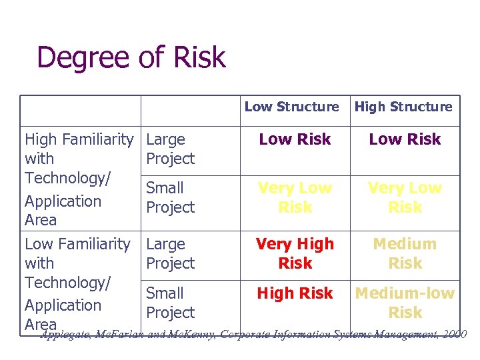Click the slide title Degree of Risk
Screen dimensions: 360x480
point(131,58)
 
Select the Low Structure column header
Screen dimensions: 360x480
point(291,107)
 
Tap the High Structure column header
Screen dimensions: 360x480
point(403,107)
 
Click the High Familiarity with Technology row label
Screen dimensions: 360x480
point(79,179)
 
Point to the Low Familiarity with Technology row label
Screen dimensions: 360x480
point(77,283)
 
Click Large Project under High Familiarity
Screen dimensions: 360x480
point(170,149)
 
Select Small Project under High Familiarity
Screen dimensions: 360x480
point(170,197)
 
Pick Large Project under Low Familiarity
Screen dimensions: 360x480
point(170,253)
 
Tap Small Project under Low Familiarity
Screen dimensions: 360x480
point(170,302)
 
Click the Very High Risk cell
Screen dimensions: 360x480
point(295,253)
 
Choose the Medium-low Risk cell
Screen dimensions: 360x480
point(405,302)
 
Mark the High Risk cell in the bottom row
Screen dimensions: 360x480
point(295,293)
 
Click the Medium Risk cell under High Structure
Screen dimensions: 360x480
point(405,253)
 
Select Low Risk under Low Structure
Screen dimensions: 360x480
point(295,139)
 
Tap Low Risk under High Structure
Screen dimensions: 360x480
point(405,139)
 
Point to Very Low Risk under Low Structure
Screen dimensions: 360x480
point(295,197)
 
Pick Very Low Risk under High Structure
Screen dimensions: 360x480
point(405,197)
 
